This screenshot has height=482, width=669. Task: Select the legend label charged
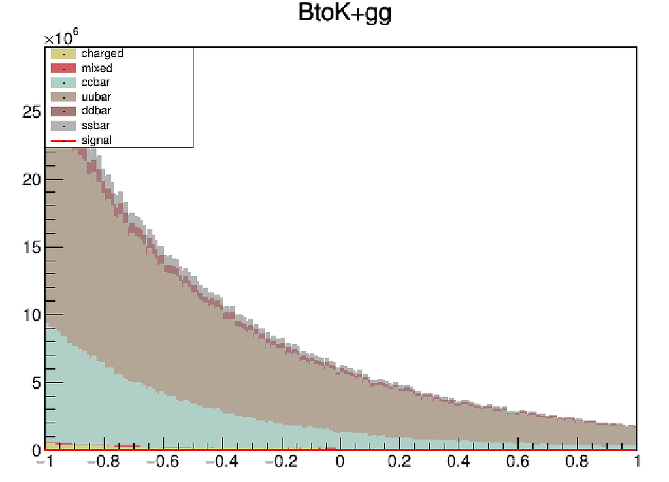point(102,54)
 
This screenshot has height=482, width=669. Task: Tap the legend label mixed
point(97,68)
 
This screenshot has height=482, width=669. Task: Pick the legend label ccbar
point(95,82)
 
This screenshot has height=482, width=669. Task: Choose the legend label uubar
point(95,97)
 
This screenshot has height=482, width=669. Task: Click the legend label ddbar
point(95,111)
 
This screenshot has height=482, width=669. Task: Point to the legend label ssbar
point(95,125)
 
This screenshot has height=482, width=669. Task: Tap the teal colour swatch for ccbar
point(63,82)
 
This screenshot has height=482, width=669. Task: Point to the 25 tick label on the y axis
point(31,112)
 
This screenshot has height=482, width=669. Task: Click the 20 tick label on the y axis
point(31,180)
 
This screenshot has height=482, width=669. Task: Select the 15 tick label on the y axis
point(31,248)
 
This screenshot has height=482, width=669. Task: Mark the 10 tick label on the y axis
point(31,316)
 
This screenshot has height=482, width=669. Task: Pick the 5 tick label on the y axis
point(35,383)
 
